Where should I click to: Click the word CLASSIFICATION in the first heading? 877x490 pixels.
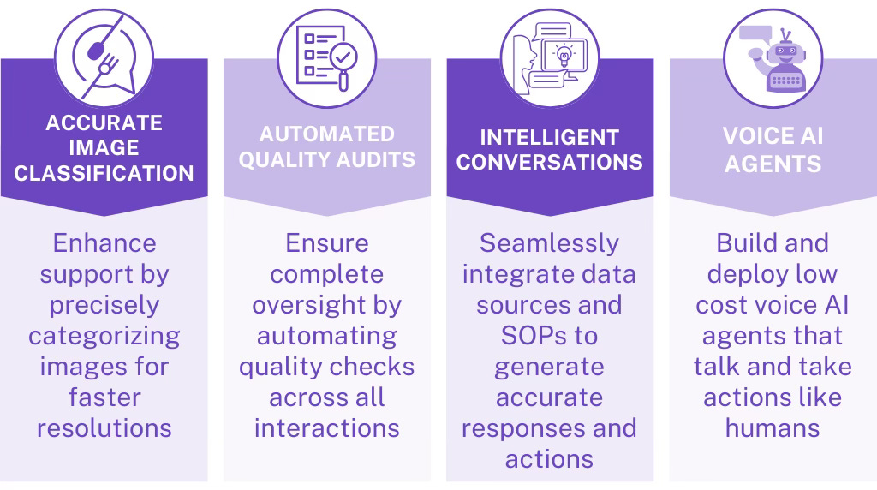104,172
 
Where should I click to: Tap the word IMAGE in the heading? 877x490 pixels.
104,147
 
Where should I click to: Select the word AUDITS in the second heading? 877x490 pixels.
375,159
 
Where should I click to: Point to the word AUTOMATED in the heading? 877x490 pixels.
327,134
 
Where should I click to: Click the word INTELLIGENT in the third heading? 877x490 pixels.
549,138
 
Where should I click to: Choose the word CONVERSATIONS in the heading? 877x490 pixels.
549,163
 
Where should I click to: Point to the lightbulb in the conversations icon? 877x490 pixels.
563,53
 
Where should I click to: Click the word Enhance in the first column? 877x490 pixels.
104,243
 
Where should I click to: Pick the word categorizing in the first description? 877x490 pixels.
104,336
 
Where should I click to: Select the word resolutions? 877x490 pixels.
104,427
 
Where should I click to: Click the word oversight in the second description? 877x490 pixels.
327,305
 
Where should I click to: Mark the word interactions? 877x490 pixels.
327,427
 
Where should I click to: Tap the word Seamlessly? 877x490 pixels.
549,243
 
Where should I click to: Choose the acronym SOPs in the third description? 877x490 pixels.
549,336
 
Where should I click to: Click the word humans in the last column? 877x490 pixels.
773,427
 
